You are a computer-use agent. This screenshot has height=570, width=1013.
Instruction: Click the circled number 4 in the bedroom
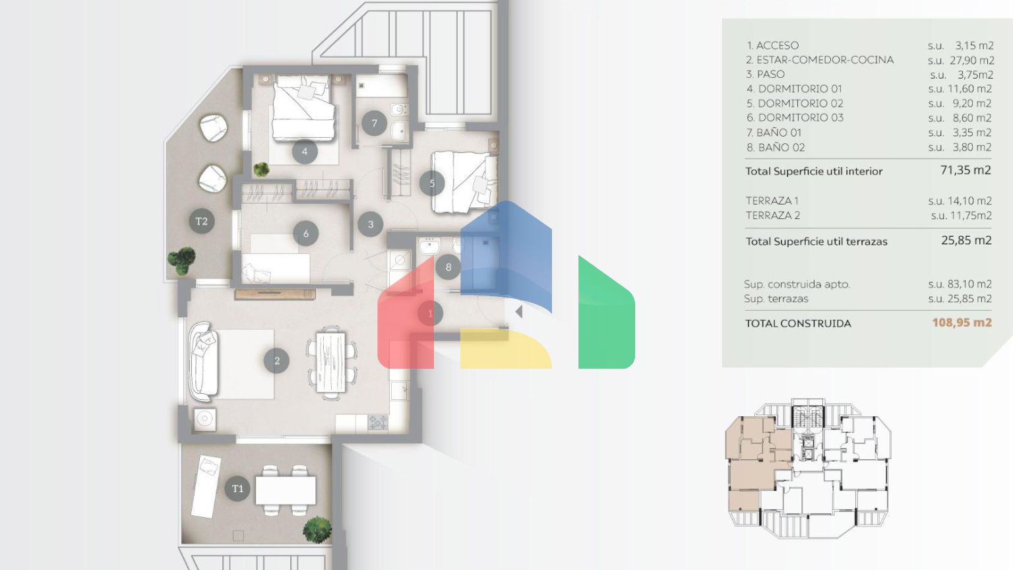[x=304, y=152]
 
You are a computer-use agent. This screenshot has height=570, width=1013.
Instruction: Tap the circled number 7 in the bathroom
[x=374, y=123]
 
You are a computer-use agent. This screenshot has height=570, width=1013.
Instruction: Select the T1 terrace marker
[x=237, y=489]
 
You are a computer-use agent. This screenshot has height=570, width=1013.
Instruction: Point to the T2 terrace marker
[x=201, y=221]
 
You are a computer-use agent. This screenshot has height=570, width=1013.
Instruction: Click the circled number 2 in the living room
[x=277, y=361]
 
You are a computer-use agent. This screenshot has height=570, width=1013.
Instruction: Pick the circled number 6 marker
[x=306, y=234]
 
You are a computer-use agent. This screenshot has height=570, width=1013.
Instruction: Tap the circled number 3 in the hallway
[x=371, y=224]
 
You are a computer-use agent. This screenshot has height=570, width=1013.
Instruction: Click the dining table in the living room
[x=331, y=362]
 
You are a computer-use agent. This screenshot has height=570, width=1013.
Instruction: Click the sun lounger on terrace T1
[x=206, y=486]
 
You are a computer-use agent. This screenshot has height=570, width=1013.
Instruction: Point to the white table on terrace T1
[x=286, y=490]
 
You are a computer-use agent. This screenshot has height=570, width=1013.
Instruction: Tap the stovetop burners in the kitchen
[x=378, y=423]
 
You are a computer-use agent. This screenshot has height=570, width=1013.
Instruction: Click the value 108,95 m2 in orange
[x=962, y=323]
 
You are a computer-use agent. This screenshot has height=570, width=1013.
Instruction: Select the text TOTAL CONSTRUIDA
[x=798, y=323]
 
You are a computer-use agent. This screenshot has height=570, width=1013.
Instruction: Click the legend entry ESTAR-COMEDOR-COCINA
[x=825, y=60]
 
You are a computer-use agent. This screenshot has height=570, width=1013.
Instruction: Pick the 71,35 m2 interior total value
[x=966, y=170]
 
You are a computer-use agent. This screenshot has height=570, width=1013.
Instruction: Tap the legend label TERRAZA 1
[x=772, y=201]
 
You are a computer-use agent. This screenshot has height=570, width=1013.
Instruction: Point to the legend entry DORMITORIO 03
[x=801, y=117]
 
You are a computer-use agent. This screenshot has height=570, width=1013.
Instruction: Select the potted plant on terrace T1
[x=317, y=530]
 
